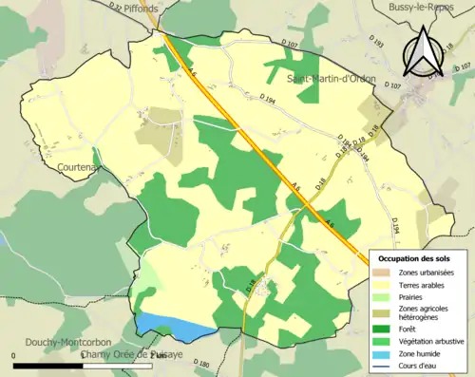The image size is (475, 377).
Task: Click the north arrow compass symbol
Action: tap(424, 52)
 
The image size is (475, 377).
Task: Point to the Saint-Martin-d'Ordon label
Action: tap(332, 78)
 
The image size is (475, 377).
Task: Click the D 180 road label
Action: tap(199, 364)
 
